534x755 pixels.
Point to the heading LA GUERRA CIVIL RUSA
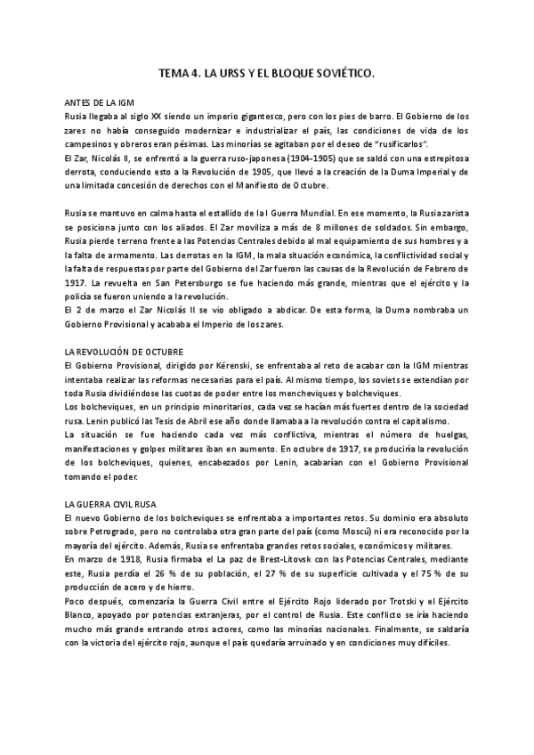pyautogui.click(x=111, y=505)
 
